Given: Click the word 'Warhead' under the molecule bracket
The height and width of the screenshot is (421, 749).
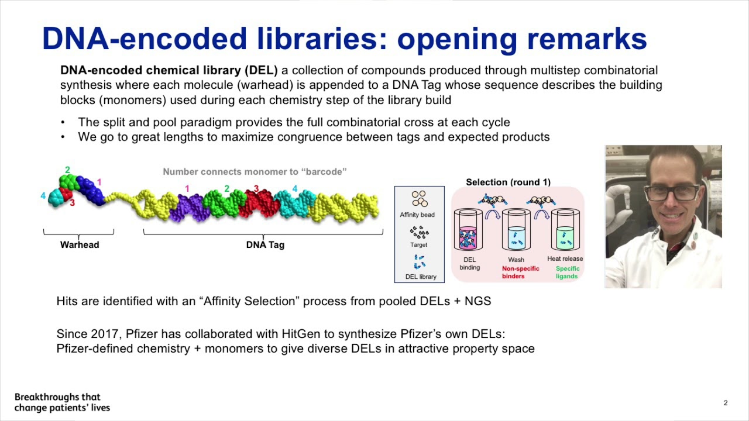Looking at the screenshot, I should click(80, 245).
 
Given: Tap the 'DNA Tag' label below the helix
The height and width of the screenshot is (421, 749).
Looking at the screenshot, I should click(265, 245).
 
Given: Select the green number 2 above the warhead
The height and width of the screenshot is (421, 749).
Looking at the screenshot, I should click(67, 170).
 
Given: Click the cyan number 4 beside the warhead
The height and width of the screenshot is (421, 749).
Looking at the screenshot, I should click(43, 196).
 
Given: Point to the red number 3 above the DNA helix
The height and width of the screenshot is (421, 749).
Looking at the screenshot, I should click(256, 189).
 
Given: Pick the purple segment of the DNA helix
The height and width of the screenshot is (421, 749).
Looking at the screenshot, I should click(187, 208).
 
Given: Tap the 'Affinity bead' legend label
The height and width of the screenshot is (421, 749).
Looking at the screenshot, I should click(417, 215).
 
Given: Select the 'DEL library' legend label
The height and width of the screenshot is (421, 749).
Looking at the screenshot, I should click(421, 277).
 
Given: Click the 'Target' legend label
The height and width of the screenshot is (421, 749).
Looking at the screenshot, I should click(418, 245).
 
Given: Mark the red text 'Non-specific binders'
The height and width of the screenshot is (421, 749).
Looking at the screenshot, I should click(521, 272).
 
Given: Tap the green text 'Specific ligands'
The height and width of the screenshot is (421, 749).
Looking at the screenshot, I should click(567, 272).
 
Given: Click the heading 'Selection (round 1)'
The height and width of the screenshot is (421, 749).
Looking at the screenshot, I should click(508, 182).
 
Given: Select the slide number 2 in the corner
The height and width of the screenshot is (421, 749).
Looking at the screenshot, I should click(726, 403).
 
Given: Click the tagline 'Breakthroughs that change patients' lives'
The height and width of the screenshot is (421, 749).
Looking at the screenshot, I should click(62, 402).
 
